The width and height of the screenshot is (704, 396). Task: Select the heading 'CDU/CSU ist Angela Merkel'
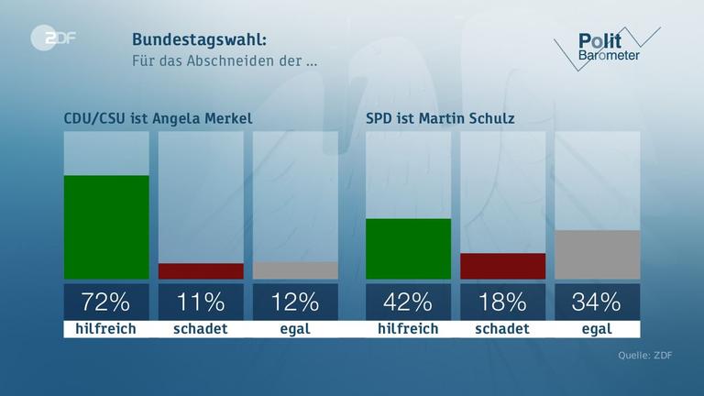(x=157, y=118)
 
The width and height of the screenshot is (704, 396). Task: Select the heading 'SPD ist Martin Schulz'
(x=440, y=118)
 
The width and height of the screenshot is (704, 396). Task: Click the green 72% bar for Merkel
(x=106, y=226)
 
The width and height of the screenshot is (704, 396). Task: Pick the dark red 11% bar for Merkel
(x=201, y=271)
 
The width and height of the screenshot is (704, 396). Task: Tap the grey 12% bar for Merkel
(x=295, y=270)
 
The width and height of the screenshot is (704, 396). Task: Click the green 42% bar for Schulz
(x=408, y=248)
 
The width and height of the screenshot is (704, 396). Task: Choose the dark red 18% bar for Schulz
(x=502, y=266)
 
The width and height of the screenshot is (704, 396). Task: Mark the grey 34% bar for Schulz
(x=597, y=254)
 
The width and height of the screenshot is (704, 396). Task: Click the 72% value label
(x=106, y=302)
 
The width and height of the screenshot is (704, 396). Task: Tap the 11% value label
(x=201, y=302)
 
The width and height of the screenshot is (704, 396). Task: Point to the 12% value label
(x=295, y=302)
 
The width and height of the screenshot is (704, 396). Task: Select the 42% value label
(x=408, y=302)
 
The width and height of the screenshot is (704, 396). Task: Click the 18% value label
(x=502, y=302)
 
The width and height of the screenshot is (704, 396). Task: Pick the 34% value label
(x=597, y=302)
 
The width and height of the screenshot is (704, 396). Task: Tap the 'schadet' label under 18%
(x=502, y=328)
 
